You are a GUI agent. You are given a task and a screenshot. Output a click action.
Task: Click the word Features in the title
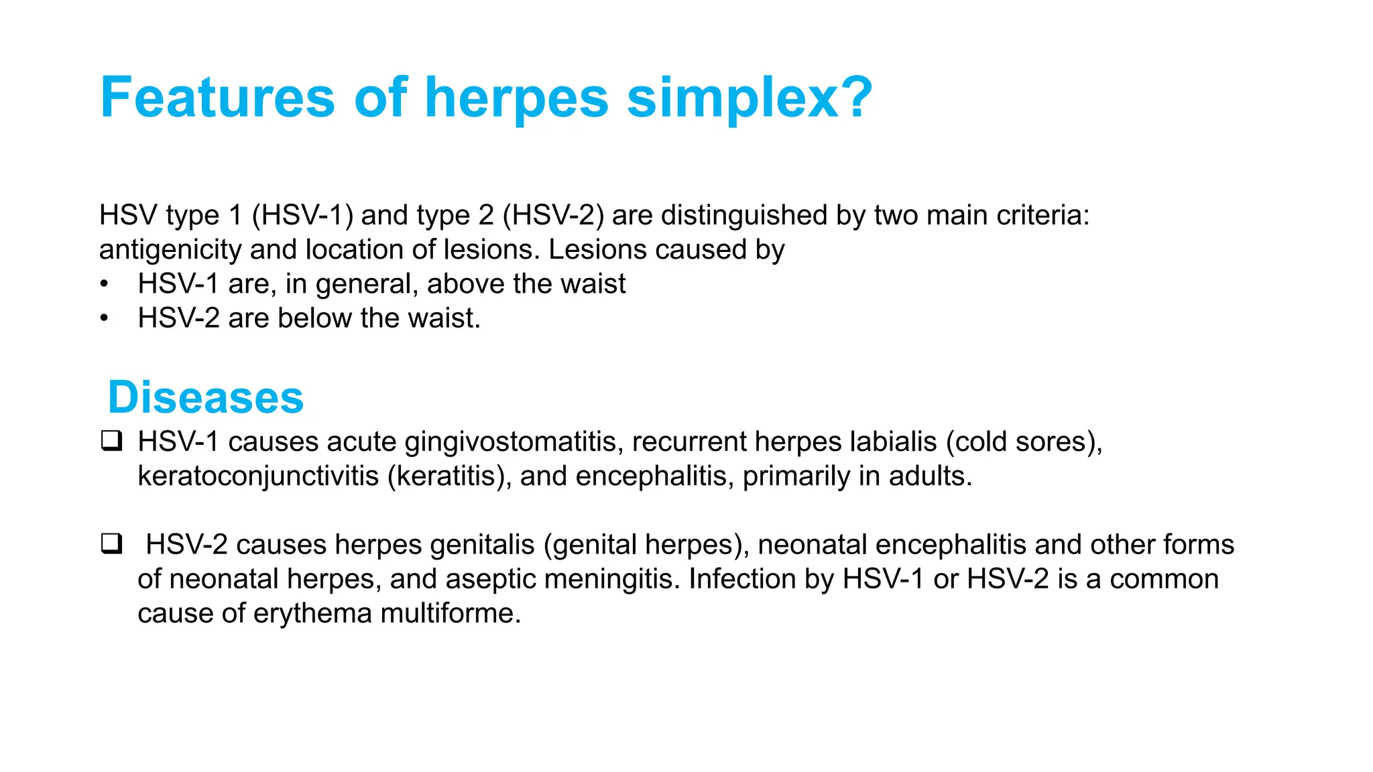pos(217,98)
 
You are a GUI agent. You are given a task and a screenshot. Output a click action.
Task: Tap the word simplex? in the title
pos(750,98)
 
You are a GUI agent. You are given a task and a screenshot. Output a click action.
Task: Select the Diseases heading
pos(206,397)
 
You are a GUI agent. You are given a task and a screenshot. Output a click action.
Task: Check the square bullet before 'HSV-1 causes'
pos(111,442)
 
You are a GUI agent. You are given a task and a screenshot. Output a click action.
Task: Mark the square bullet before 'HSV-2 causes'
pos(111,544)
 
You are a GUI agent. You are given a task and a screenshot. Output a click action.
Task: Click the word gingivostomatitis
pos(510,442)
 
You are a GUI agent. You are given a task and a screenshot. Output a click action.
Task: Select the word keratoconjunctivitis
pos(258,476)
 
